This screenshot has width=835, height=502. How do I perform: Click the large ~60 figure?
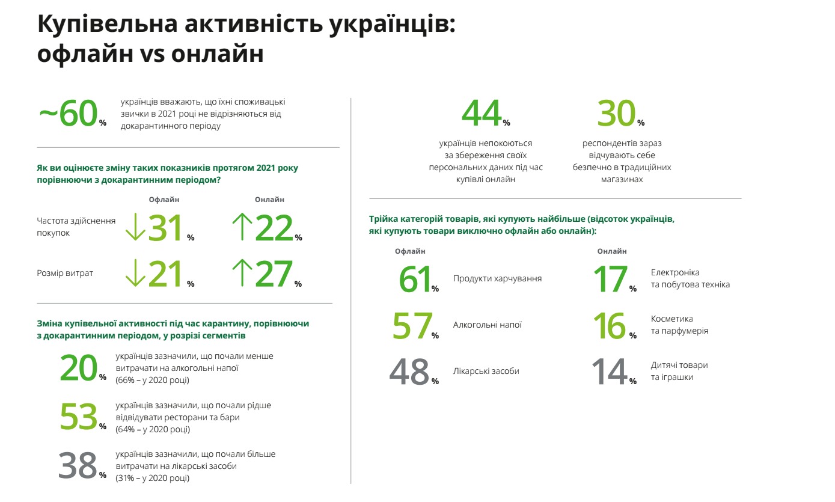click(x=68, y=114)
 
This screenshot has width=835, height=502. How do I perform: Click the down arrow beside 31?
click(x=135, y=228)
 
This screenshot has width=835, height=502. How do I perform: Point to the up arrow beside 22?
click(x=242, y=228)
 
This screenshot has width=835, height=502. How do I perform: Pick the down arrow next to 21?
click(x=135, y=274)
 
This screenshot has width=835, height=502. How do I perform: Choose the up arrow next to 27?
click(x=242, y=274)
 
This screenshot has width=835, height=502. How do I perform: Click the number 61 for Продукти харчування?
click(x=415, y=280)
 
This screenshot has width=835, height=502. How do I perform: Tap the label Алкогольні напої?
click(x=487, y=325)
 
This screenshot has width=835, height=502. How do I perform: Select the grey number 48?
click(x=410, y=372)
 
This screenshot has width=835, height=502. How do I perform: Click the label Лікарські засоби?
click(x=486, y=371)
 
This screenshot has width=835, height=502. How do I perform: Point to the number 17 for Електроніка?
click(x=610, y=280)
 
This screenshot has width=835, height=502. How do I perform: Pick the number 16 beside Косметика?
click(x=610, y=325)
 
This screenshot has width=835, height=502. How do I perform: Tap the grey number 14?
click(x=610, y=372)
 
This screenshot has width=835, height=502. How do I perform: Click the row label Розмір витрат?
click(x=65, y=274)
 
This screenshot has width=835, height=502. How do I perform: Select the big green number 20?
click(x=78, y=368)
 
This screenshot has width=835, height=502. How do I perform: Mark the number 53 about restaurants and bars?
click(x=78, y=417)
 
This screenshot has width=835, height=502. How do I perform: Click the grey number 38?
click(x=78, y=466)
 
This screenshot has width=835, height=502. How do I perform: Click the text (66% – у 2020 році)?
click(x=152, y=380)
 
